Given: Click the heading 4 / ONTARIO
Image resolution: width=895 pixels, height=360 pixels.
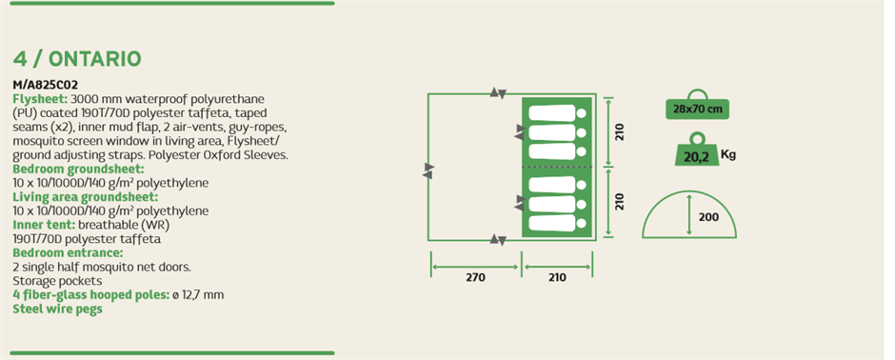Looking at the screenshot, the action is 76,59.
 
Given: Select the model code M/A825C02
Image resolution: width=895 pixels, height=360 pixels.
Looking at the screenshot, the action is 45,86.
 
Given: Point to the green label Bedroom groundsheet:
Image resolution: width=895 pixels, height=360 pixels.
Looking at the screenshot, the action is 78,170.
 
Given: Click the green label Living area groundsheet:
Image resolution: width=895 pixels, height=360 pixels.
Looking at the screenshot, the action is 85,197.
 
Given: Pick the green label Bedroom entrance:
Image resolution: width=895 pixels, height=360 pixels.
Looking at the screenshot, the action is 68,252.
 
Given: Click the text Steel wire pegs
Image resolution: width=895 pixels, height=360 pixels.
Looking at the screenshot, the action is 58,309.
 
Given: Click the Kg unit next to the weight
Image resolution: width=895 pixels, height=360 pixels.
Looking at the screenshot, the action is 727,154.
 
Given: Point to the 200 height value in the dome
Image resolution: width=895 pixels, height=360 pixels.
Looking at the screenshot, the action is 709,217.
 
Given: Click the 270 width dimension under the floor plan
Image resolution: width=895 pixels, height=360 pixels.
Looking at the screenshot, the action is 475,278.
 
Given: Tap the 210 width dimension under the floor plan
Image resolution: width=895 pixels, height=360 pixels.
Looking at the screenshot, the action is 558,278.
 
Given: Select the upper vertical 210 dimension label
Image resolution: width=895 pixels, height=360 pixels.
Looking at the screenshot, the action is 621,131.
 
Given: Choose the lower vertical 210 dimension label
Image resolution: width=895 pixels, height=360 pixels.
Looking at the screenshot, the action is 621,201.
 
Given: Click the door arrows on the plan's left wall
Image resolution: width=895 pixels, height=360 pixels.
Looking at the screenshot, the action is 428,170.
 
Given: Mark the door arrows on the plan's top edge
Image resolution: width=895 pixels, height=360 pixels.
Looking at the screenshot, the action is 498,93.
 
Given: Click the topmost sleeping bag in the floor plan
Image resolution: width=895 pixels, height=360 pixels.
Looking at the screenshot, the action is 551,113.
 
